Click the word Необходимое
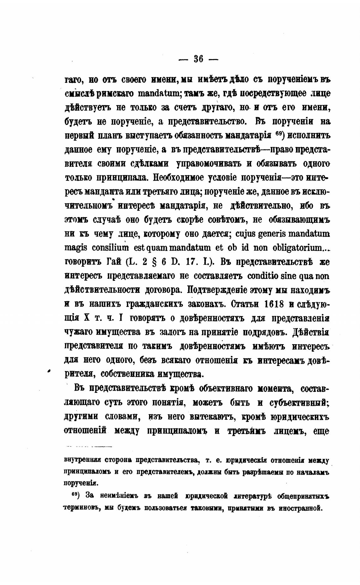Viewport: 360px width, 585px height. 178,178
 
